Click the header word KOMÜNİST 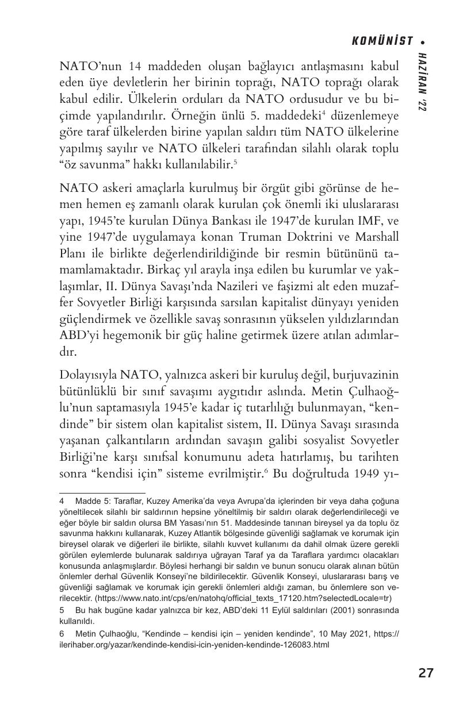[382, 41]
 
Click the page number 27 [426, 673]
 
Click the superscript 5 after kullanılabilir [235, 162]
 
